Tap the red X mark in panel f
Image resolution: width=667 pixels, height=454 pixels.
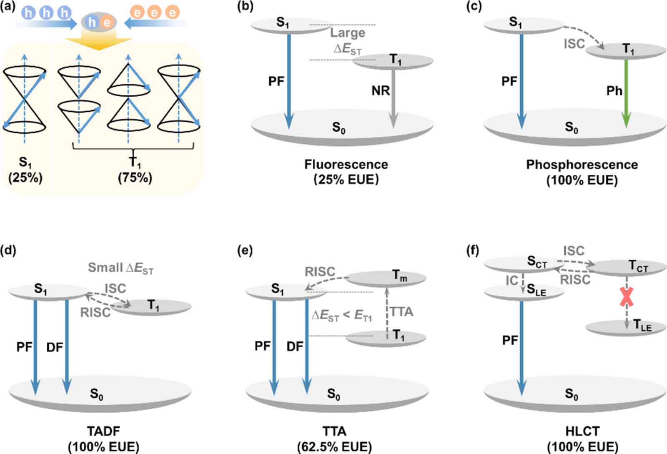(626, 297)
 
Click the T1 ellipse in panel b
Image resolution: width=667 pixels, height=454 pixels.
(393, 61)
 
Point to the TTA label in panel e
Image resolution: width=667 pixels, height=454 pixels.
(401, 311)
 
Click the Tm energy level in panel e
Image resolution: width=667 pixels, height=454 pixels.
(386, 278)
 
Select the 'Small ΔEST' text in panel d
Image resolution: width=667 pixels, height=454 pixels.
(120, 268)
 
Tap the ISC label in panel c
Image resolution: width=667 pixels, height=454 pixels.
(574, 43)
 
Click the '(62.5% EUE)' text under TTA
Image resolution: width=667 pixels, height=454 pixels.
(334, 446)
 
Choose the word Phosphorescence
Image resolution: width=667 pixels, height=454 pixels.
(582, 164)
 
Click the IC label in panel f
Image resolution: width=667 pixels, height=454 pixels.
(512, 281)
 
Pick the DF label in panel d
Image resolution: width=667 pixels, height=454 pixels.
(55, 347)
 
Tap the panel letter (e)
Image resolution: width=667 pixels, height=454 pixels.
(244, 251)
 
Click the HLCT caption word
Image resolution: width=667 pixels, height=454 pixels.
(582, 431)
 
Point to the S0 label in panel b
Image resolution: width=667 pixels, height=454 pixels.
(339, 127)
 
